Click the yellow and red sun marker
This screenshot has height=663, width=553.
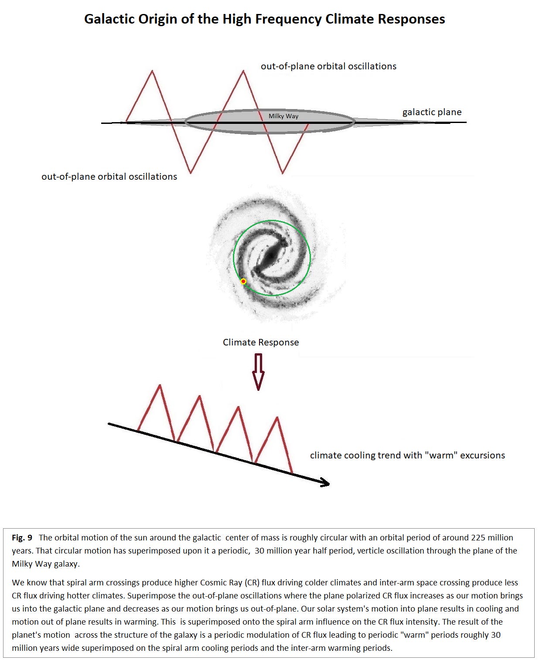pos(243,281)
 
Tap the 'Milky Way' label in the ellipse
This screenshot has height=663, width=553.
pos(283,116)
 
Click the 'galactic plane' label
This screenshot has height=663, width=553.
pos(432,112)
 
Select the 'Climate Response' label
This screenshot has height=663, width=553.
pos(261,342)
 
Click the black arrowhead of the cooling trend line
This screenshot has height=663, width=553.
pos(325,482)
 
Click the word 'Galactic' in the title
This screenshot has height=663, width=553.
pos(109,19)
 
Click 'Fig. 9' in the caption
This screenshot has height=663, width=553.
pos(22,538)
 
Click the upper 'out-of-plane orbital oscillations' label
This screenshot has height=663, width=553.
pos(328,66)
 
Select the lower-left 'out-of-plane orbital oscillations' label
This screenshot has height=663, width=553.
pos(109,177)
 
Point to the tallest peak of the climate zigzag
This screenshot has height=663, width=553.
pos(160,386)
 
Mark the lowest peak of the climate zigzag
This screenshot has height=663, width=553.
pos(277,418)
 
